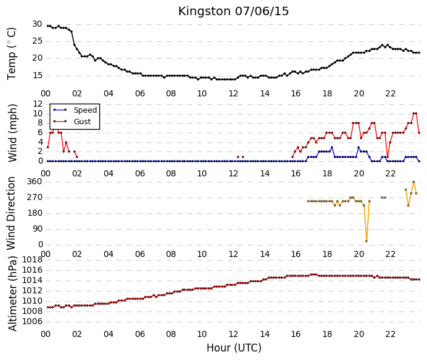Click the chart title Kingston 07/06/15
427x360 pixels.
pos(233,12)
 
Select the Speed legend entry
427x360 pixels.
pos(75,110)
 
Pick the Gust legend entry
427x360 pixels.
pos(73,122)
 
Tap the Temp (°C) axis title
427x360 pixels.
pos(12,54)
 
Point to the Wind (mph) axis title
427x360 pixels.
pos(13,133)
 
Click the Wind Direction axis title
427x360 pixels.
pos(11,213)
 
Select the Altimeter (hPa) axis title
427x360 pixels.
pos(13,293)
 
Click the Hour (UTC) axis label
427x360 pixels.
pos(234,348)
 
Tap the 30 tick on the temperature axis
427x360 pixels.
pos(37,24)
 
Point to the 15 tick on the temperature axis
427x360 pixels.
pos(38,76)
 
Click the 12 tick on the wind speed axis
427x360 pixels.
pos(38,104)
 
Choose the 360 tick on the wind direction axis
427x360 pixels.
pos(35,181)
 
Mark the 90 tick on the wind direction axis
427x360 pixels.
pos(38,229)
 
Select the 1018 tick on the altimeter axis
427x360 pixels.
pos(32,260)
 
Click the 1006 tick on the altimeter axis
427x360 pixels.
pos(32,322)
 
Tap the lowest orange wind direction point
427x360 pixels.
pos(366,241)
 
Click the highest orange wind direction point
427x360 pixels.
pos(414,182)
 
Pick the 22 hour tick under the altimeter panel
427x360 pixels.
pos(390,334)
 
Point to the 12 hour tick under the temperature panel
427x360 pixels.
pos(233,94)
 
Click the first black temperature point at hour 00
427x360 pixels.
pos(48,26)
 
